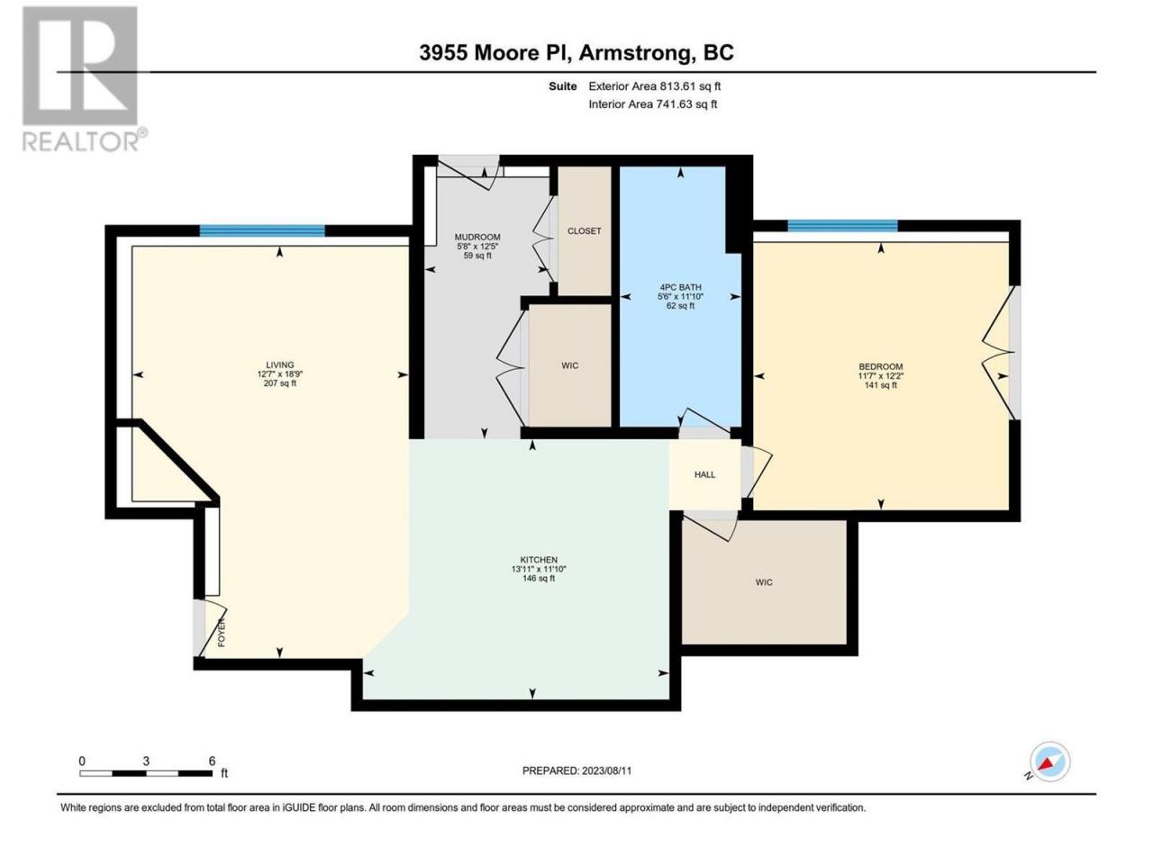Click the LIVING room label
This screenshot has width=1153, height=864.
pos(279,364)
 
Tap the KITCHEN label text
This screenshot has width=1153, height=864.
pos(539,560)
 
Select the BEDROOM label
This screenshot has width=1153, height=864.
pos(880,366)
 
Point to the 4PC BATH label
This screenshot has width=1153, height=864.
pos(680,287)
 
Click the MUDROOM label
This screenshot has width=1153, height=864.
pos(477,237)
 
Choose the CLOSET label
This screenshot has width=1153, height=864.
pos(584,230)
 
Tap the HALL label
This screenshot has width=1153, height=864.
pos(705,474)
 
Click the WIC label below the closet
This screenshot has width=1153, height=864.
pos(570,365)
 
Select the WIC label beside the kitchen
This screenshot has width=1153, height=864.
pos(764,581)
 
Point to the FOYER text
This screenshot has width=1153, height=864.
pos(222,632)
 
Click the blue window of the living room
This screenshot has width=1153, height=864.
pos(262,230)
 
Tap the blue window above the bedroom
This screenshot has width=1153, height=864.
pos(842,226)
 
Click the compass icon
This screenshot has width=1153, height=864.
pos(1049,761)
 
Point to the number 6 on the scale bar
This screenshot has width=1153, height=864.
pos(213,760)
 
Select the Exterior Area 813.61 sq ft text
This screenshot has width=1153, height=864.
pos(655,86)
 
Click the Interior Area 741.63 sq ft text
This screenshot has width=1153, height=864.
pos(652,103)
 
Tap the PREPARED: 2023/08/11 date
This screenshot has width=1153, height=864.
pos(576,770)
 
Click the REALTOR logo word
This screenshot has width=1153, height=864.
pos(80,141)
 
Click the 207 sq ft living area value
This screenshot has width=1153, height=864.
pos(279,383)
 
